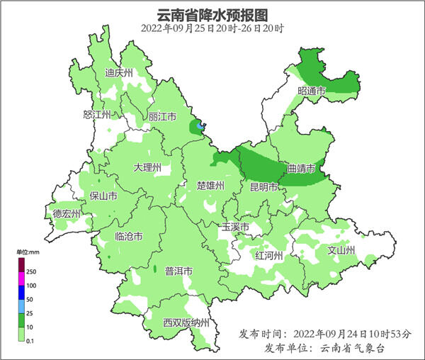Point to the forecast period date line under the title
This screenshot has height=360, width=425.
(x=212, y=28)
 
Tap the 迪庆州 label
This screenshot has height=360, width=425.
(x=118, y=73)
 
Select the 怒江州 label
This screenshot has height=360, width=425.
(x=97, y=114)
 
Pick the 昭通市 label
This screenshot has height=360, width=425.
(x=312, y=91)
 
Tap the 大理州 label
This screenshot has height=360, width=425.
(x=147, y=168)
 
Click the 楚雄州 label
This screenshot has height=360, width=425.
(x=210, y=186)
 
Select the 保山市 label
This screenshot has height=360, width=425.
(x=103, y=196)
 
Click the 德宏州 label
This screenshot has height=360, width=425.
(x=67, y=213)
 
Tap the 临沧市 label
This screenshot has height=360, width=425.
(x=128, y=237)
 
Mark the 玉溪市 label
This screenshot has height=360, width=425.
(x=234, y=227)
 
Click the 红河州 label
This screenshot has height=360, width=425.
(x=269, y=255)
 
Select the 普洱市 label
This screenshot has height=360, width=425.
(x=178, y=271)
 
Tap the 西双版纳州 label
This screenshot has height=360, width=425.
(x=186, y=323)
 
